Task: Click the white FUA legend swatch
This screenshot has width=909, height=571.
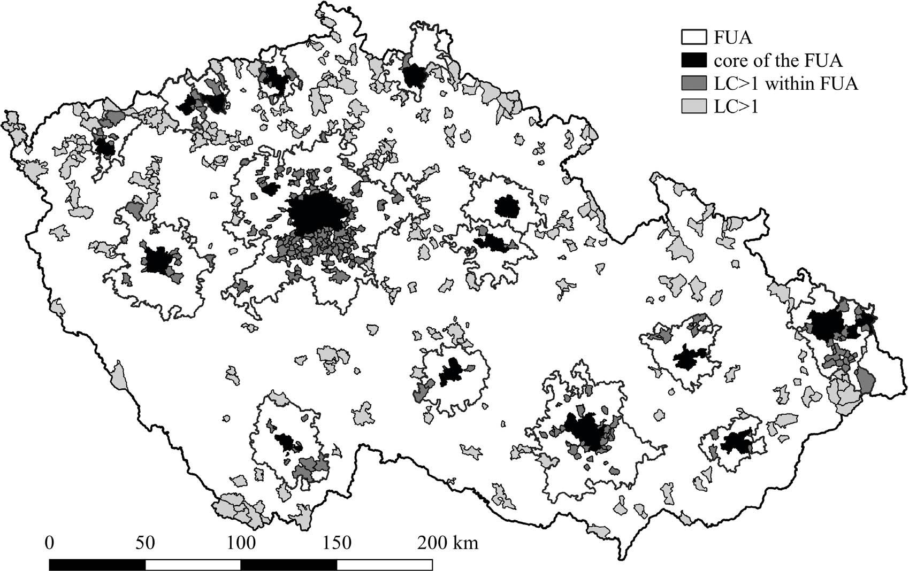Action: [x=694, y=37]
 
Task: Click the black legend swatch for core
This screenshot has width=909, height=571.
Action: [x=694, y=60]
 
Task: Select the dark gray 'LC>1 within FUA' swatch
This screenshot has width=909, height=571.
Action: [x=694, y=83]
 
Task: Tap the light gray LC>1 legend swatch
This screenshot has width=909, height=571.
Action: [x=694, y=106]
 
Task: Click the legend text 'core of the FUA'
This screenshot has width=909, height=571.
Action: [x=778, y=60]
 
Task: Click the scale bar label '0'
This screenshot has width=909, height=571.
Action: [x=50, y=543]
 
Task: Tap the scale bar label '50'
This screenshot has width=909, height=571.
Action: [x=145, y=543]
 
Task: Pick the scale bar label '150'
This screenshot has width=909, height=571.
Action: [x=337, y=543]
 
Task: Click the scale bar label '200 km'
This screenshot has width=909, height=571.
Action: [x=447, y=543]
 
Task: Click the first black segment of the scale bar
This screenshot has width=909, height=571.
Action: [x=97, y=565]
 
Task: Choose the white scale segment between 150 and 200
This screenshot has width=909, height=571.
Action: [x=385, y=565]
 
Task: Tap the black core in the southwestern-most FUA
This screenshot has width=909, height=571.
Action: [x=286, y=442]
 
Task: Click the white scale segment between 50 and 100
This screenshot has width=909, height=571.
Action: [x=193, y=565]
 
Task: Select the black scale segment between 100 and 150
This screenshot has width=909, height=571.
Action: [x=289, y=565]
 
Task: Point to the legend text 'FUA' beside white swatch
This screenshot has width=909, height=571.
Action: [x=732, y=37]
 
